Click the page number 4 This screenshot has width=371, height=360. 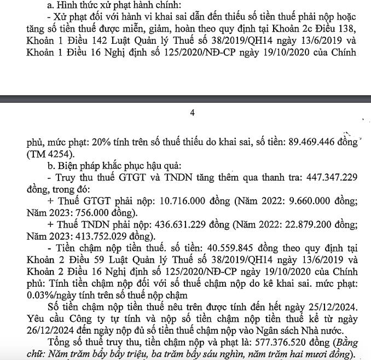pos(192,113)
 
